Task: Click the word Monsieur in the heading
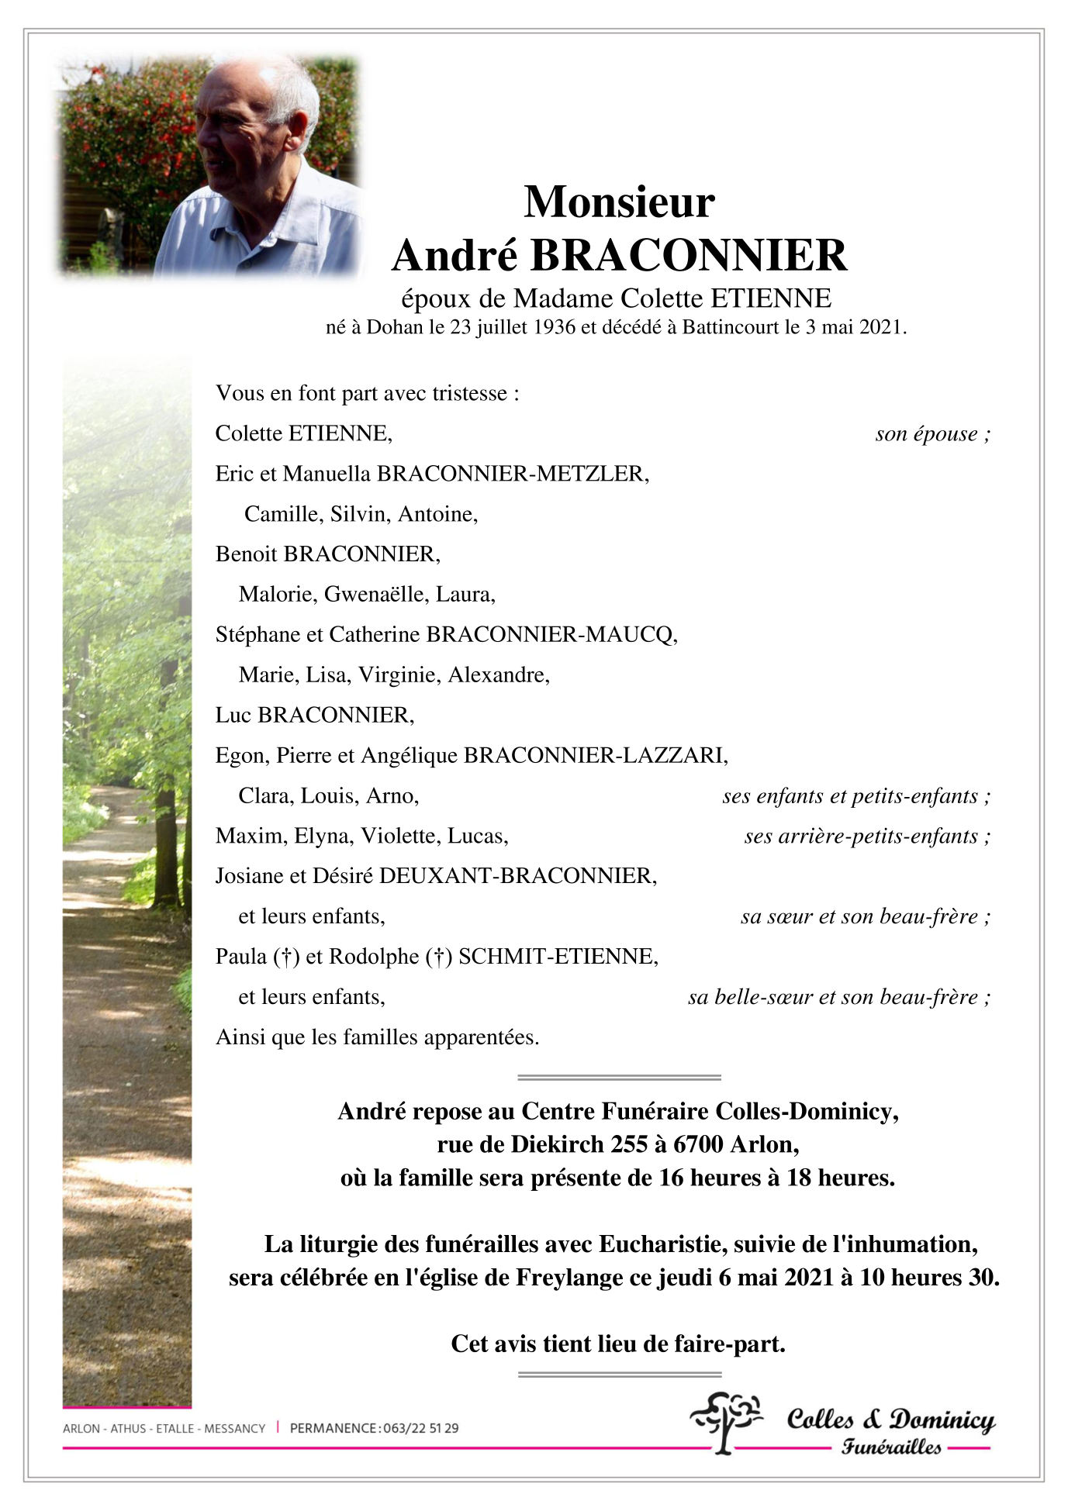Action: tap(619, 202)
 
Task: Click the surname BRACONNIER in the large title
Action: tap(689, 256)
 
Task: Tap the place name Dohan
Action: tap(395, 327)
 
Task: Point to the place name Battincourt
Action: tap(731, 327)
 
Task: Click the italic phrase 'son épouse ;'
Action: tap(932, 434)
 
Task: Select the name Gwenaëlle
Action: tap(375, 595)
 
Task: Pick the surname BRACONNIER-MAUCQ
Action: tap(551, 635)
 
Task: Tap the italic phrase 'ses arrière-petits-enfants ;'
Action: tap(867, 837)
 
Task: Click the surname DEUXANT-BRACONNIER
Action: tap(518, 876)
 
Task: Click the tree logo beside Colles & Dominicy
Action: tap(725, 1421)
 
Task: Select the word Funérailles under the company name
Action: tap(891, 1447)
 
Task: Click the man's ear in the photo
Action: tap(297, 128)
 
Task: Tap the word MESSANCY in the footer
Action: tap(235, 1428)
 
